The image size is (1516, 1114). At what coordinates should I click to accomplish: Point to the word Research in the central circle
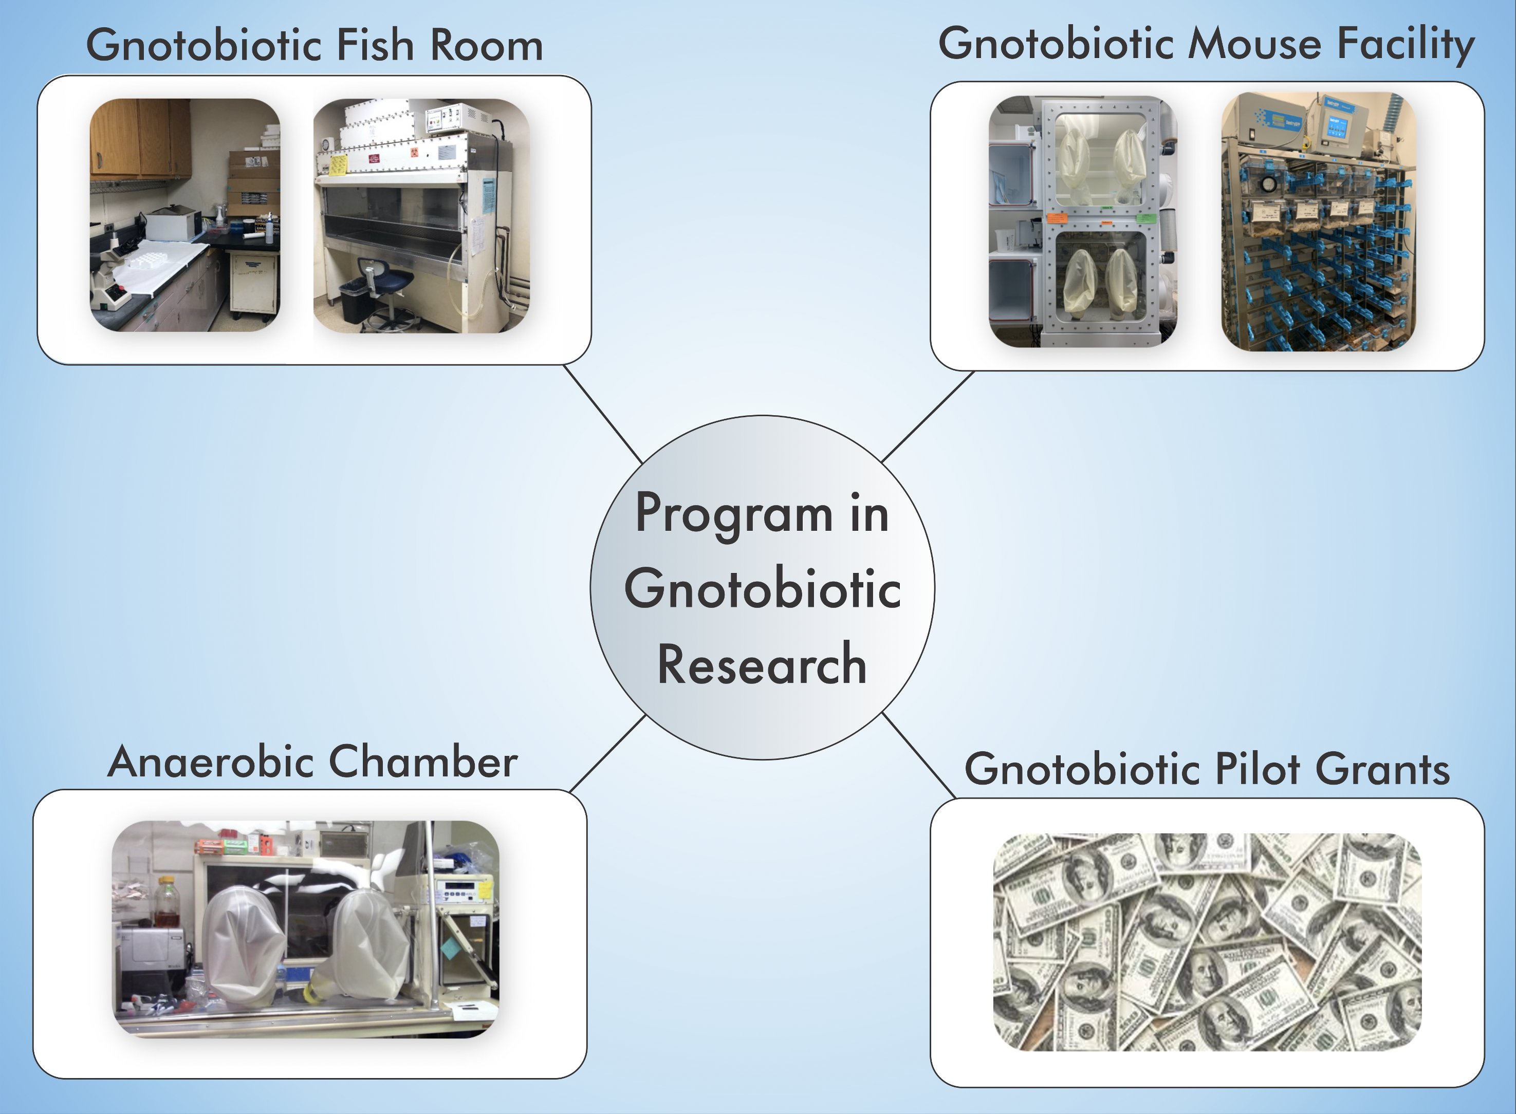point(762,665)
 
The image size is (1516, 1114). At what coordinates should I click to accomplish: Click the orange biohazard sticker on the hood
point(414,153)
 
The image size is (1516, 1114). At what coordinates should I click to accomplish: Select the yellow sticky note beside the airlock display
point(485,889)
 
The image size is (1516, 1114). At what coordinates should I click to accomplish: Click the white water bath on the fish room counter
point(172,222)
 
